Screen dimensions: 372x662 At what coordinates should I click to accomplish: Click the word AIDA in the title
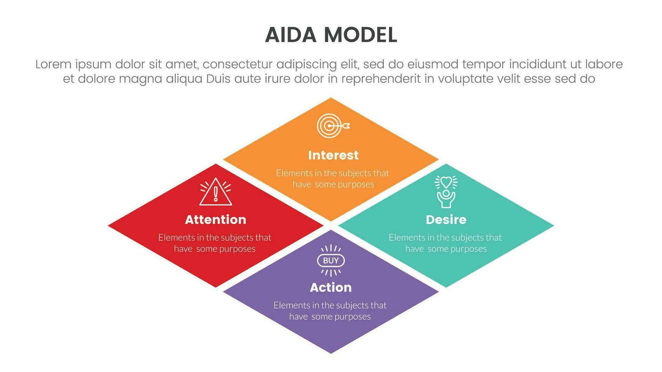291,35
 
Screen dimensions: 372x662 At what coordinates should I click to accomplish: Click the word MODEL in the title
360,35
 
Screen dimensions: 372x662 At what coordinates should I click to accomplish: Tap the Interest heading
333,155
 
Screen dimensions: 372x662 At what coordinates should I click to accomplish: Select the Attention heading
215,220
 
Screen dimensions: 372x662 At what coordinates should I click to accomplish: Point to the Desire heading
446,220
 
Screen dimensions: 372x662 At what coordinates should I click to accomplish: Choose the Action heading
331,288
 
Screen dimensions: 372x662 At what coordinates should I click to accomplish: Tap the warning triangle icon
215,192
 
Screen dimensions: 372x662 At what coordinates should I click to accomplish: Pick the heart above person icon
446,191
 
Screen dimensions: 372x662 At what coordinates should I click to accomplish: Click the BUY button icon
331,261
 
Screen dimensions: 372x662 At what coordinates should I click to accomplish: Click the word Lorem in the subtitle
53,65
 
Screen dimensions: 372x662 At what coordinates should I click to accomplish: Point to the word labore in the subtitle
603,65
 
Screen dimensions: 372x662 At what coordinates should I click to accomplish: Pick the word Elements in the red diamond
176,238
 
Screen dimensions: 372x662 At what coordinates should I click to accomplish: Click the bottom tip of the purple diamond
331,352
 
